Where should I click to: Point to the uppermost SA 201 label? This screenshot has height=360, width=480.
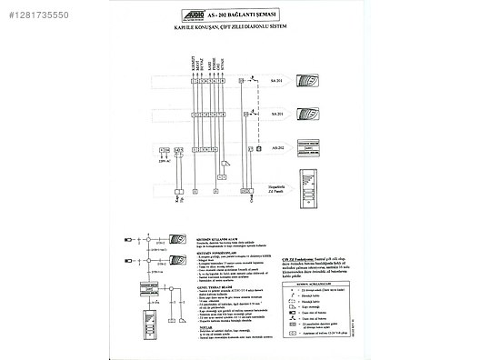coord(276,81)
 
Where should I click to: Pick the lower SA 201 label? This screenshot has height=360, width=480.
coord(276,115)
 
